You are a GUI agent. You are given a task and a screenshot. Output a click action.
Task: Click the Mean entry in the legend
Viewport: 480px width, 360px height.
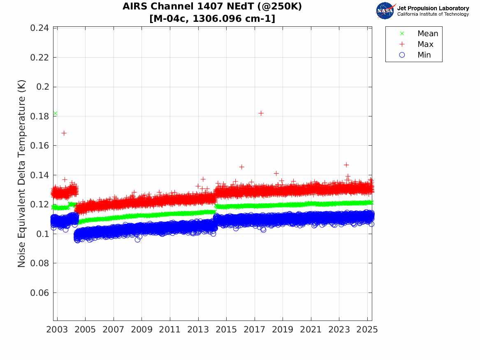pyautogui.click(x=427, y=33)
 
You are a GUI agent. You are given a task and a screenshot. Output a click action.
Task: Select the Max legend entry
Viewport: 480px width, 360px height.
pyautogui.click(x=425, y=44)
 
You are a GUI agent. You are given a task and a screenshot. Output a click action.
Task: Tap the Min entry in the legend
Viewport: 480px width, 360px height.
pyautogui.click(x=424, y=55)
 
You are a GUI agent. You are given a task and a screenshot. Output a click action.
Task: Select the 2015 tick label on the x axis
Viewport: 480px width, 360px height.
pyautogui.click(x=226, y=330)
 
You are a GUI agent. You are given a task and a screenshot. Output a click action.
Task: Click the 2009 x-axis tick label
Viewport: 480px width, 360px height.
pyautogui.click(x=141, y=330)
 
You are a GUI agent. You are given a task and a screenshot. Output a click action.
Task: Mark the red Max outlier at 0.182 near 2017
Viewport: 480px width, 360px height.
pyautogui.click(x=261, y=113)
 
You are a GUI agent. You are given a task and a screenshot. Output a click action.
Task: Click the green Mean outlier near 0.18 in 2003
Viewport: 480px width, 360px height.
pyautogui.click(x=55, y=114)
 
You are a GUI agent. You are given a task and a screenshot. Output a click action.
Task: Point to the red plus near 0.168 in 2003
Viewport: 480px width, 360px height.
pyautogui.click(x=64, y=133)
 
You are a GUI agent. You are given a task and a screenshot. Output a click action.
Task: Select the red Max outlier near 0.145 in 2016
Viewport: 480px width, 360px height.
pyautogui.click(x=241, y=167)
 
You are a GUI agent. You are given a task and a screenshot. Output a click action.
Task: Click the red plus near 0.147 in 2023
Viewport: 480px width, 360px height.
pyautogui.click(x=346, y=165)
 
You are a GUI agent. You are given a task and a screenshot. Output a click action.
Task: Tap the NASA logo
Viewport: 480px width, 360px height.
pyautogui.click(x=385, y=11)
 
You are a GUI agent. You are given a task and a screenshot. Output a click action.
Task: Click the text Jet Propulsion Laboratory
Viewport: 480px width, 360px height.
pyautogui.click(x=433, y=8)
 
